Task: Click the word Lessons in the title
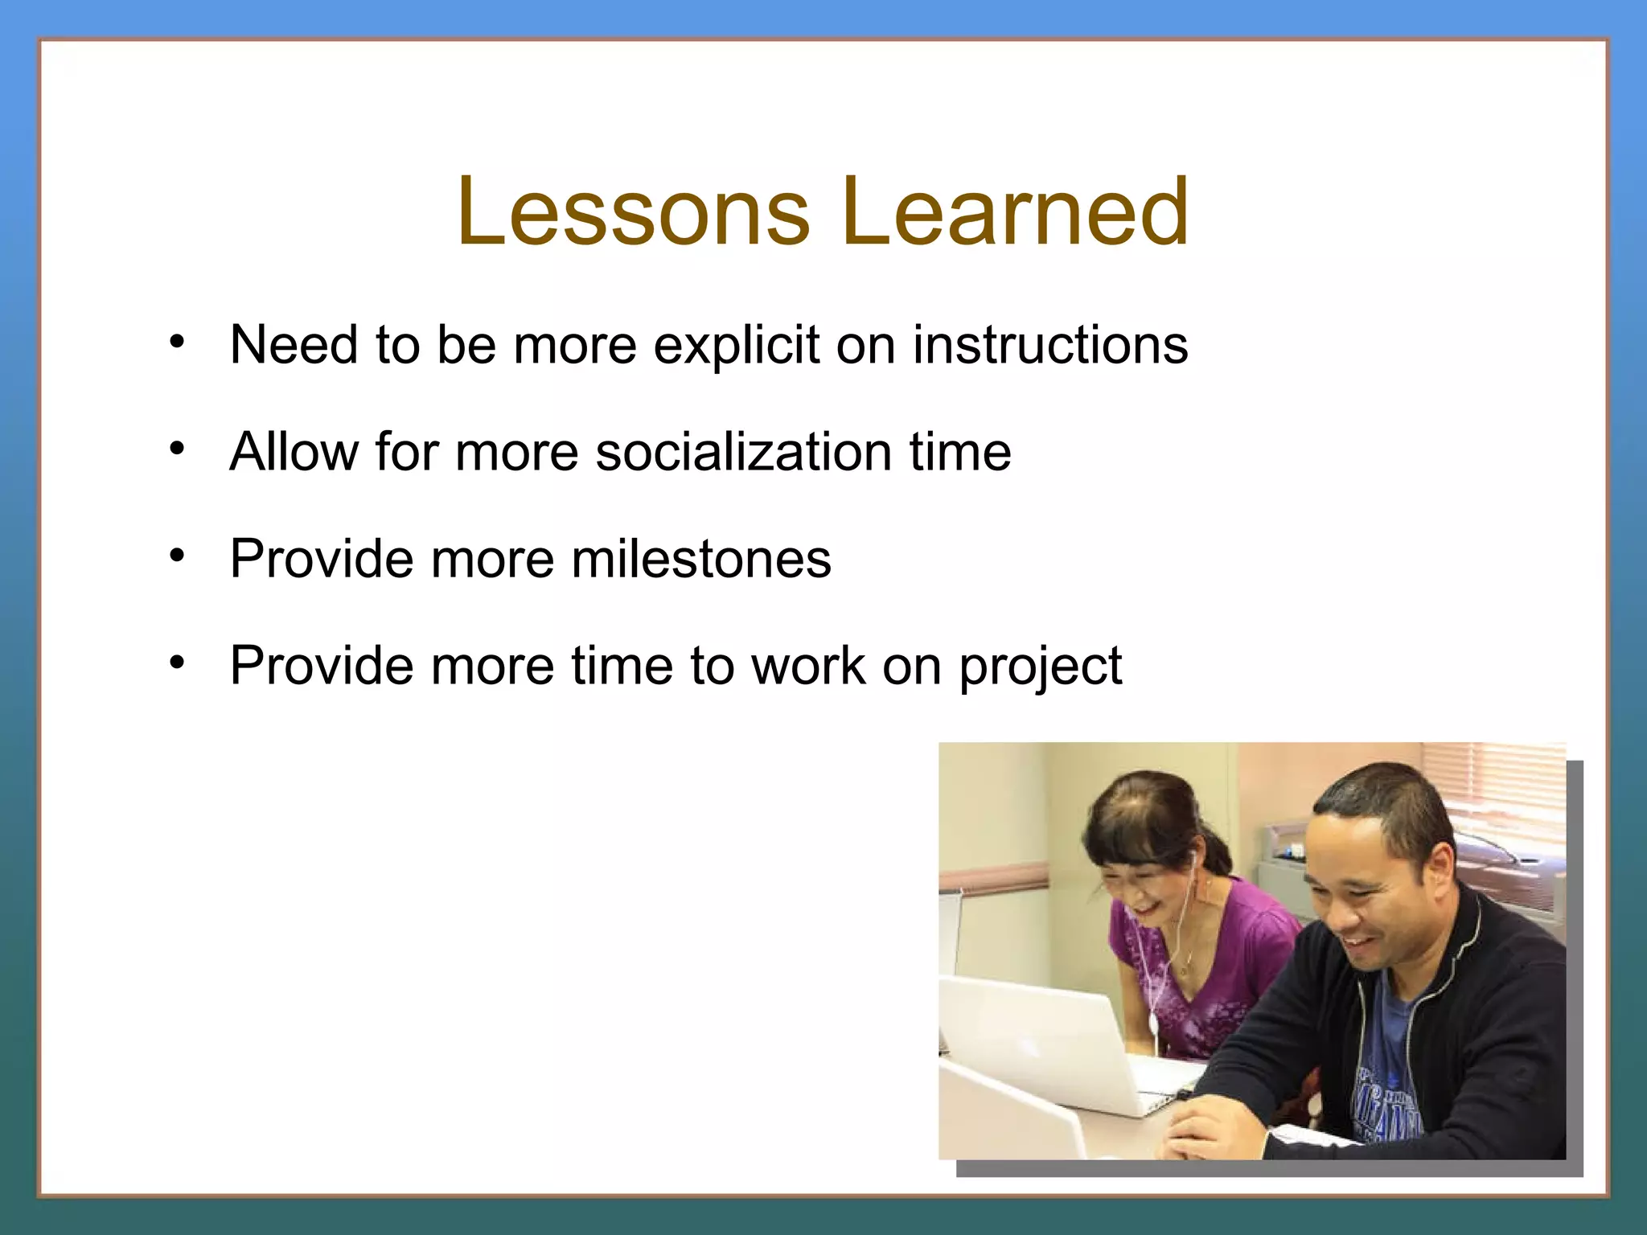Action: point(633,212)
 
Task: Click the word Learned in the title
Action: point(1015,212)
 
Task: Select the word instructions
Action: point(1049,346)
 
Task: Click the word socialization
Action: point(744,452)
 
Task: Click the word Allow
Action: point(294,452)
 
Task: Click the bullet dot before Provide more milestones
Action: point(178,556)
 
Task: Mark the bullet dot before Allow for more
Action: point(178,449)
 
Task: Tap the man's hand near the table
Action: point(1206,1126)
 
